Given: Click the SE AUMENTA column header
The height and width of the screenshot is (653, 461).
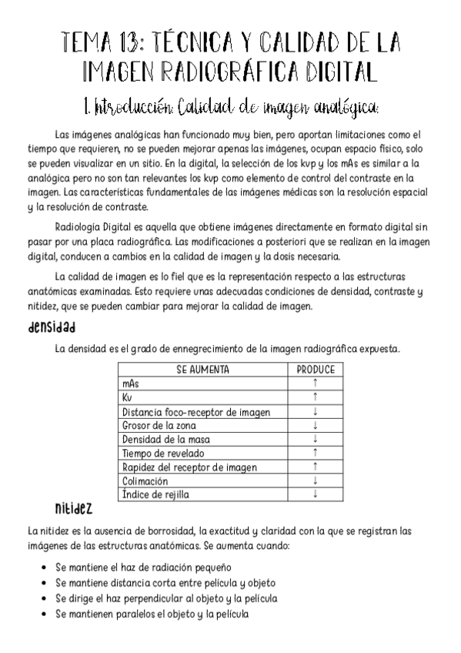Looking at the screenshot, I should click(x=203, y=370).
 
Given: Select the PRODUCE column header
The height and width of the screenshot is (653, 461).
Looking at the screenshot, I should click(x=316, y=370).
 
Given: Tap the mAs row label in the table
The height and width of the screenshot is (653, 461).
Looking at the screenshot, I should click(x=131, y=383).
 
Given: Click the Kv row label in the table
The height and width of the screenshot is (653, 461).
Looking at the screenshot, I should click(x=128, y=397).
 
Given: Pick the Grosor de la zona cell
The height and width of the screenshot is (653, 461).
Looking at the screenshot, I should click(x=159, y=425).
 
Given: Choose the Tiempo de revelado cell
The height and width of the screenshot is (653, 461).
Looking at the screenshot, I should click(x=163, y=453).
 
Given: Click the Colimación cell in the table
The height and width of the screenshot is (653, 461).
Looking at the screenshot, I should click(x=145, y=481).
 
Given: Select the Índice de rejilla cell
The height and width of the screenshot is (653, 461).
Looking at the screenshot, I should click(x=155, y=494).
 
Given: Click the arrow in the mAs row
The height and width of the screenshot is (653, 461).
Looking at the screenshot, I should click(x=316, y=383).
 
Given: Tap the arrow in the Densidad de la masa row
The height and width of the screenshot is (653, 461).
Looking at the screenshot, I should click(x=316, y=439).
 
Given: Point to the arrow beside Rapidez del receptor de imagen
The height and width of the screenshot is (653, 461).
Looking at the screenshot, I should click(x=316, y=467).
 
